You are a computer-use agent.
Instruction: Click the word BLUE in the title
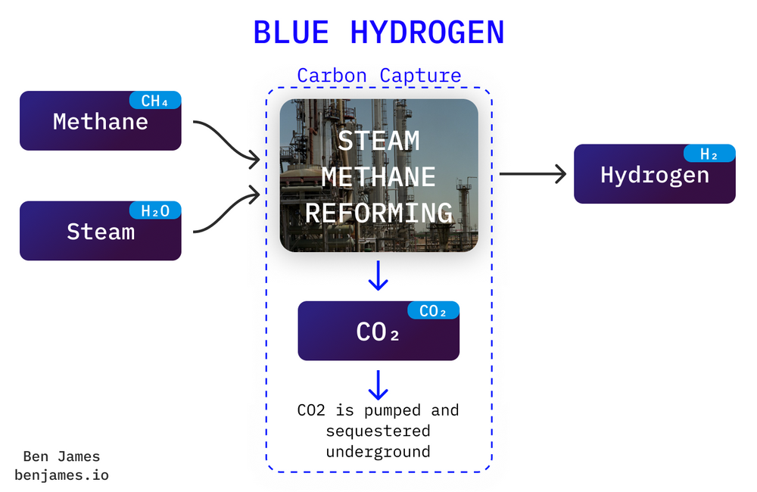coord(291,33)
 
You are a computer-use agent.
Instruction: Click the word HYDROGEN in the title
coord(428,33)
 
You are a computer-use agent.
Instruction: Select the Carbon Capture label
coord(378,76)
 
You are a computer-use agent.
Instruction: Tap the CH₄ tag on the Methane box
coord(155,101)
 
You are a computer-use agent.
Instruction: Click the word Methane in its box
coord(100,122)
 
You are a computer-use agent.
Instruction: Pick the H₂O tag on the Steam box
coord(155,210)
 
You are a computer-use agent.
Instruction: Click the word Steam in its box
coord(100,231)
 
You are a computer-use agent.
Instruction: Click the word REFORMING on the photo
coord(378,212)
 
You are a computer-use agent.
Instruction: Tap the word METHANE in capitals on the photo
coord(378,176)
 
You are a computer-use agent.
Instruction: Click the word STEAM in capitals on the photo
coord(378,141)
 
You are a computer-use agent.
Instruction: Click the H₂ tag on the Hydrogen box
coord(709,154)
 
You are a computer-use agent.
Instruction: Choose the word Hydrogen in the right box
coord(654,175)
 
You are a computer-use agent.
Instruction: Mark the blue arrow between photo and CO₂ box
coord(378,276)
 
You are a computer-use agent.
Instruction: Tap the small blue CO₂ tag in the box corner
coord(433,311)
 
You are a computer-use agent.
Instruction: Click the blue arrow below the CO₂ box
coord(378,385)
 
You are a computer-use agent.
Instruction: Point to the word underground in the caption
coord(378,452)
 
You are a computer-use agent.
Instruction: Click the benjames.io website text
coord(61,476)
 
